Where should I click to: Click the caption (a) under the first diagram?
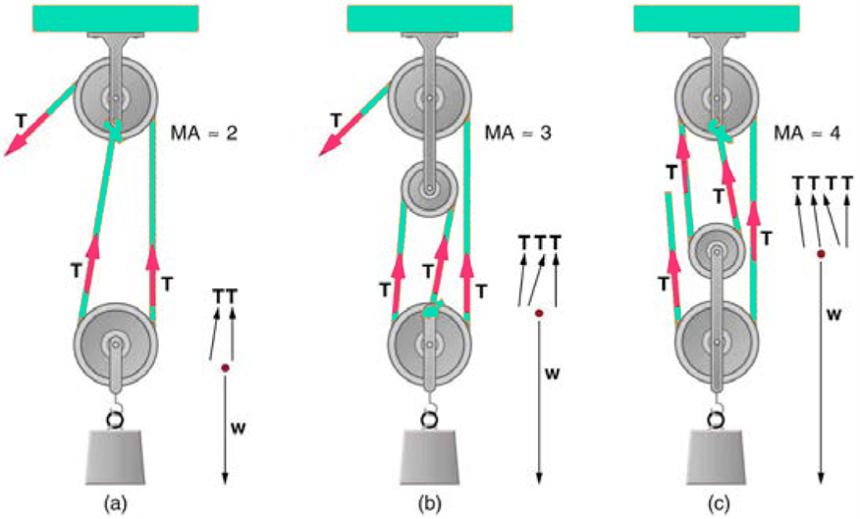pos(116,504)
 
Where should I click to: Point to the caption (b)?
pos(429,504)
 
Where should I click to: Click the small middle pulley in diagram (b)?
pos(429,183)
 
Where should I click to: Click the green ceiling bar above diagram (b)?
pos(429,17)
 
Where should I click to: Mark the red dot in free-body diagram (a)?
pos(225,368)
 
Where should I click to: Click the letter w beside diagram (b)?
pos(555,374)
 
